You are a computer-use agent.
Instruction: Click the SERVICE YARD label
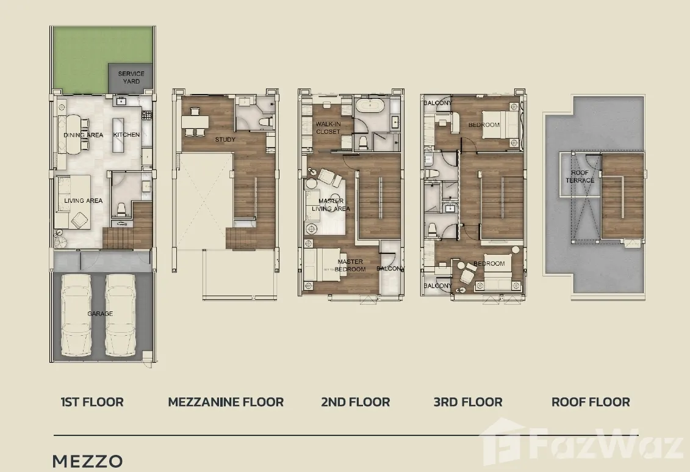click(131, 78)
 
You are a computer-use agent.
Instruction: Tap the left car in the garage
click(79, 315)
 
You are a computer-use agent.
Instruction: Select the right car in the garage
click(123, 315)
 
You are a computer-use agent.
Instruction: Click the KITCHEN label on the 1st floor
click(126, 135)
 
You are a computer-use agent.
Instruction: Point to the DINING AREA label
click(84, 135)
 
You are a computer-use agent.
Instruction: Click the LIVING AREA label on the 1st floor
click(83, 201)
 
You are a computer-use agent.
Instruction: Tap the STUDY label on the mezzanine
click(225, 140)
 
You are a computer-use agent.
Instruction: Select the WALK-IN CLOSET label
click(328, 128)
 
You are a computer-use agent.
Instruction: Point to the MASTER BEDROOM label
click(351, 265)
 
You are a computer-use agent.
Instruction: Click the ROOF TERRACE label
click(580, 176)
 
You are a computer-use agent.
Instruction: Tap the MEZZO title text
click(87, 461)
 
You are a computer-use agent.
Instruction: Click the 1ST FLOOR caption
click(92, 402)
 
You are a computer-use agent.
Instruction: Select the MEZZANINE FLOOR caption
click(226, 402)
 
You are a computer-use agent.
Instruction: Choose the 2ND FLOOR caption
click(356, 402)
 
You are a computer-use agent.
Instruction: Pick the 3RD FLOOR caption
click(468, 402)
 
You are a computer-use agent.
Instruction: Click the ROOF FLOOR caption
click(591, 402)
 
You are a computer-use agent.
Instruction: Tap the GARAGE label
click(100, 314)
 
